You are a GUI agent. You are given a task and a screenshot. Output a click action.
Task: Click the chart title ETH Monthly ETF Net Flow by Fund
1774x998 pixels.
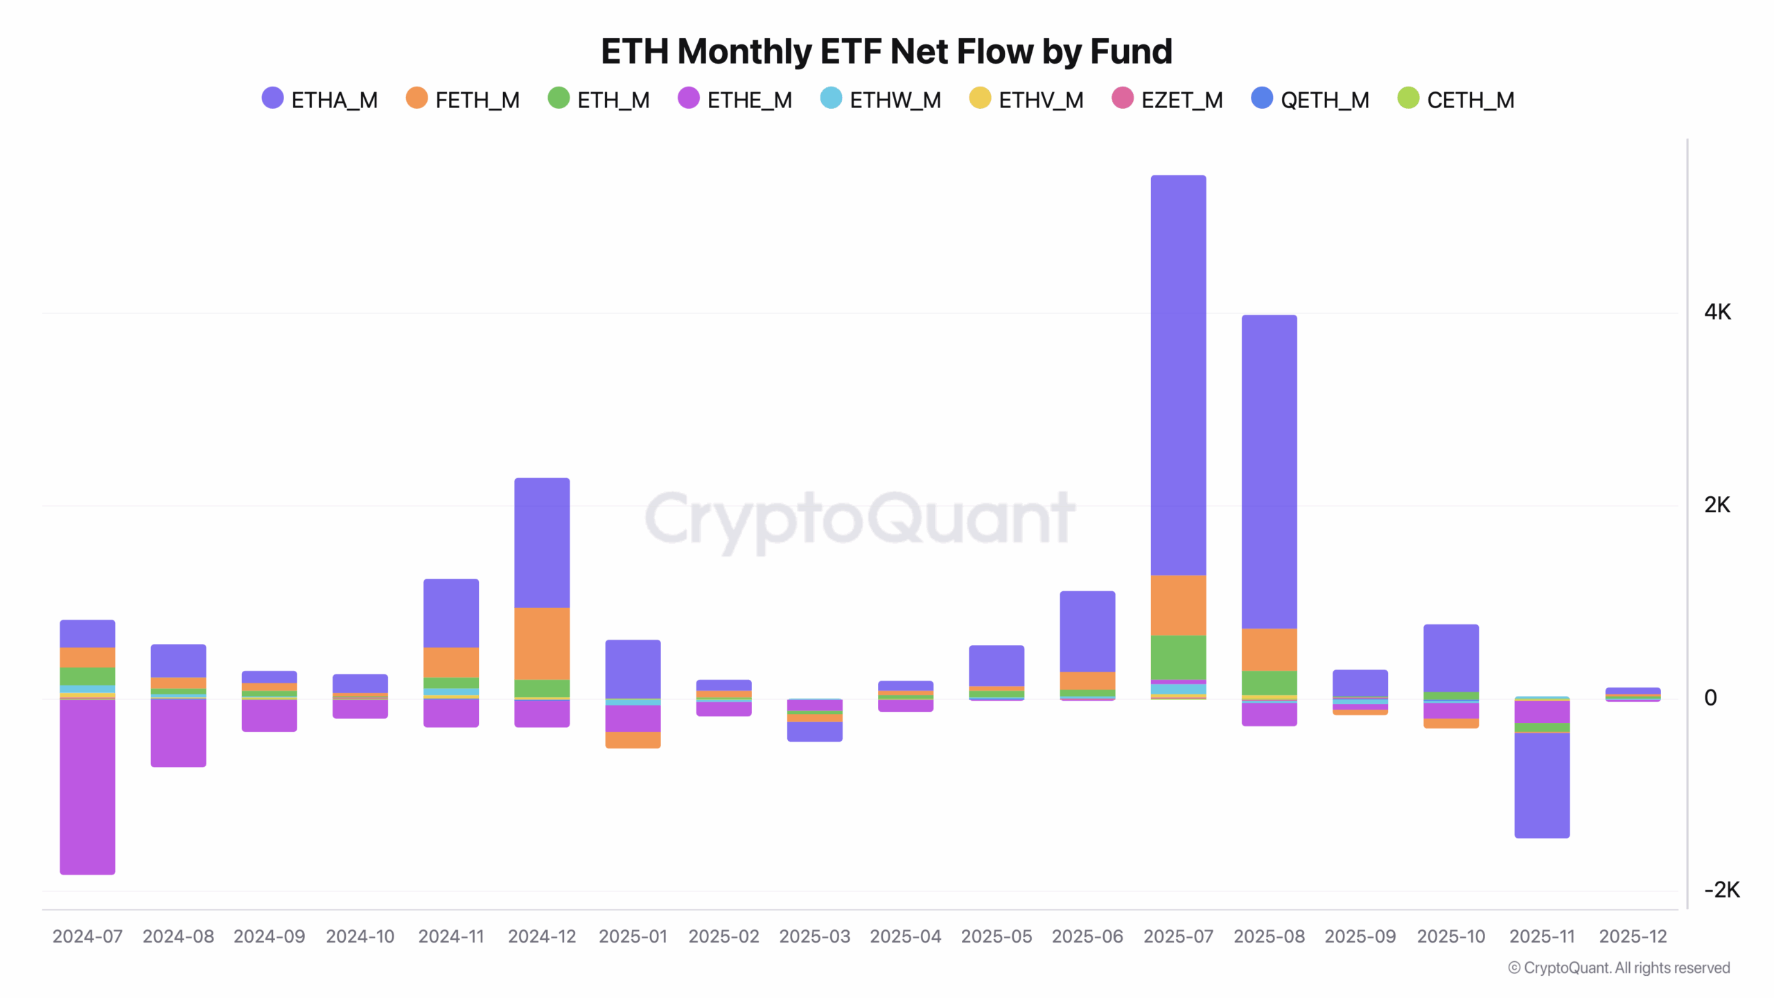pos(886,52)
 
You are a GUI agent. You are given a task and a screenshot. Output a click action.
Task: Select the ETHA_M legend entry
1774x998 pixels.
pos(320,100)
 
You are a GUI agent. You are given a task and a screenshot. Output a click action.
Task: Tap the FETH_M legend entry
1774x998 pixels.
pos(463,100)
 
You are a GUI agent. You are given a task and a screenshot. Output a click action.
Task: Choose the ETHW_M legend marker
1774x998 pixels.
pos(831,98)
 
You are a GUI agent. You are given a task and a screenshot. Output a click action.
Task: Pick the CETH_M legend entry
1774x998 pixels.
pos(1456,100)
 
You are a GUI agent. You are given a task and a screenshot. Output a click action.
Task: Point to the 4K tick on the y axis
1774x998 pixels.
pos(1717,313)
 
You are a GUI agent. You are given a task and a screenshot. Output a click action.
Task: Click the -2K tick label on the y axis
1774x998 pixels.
pos(1721,890)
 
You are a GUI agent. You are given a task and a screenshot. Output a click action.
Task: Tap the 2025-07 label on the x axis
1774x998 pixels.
pos(1178,936)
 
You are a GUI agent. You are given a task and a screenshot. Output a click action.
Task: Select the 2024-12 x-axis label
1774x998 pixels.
pos(542,936)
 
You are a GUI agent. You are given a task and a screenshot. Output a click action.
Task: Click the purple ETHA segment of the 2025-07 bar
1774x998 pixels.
pos(1178,374)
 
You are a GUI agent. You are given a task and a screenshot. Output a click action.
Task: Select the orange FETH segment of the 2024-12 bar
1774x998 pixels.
pos(542,643)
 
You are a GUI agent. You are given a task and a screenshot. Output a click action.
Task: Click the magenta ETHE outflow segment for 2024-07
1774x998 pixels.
pos(87,787)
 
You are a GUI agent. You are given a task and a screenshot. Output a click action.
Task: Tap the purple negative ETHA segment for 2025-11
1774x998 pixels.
pos(1542,785)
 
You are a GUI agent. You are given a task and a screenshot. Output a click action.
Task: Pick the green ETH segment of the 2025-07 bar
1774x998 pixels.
pos(1178,657)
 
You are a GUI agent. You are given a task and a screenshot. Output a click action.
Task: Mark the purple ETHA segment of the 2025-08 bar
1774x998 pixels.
pos(1269,471)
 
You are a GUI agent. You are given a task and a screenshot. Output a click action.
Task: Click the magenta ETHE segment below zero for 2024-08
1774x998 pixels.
pos(178,733)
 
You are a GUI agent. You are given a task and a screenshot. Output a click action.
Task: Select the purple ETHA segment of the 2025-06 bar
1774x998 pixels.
pos(1087,631)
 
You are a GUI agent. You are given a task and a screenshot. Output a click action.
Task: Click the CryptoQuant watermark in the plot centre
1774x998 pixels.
pos(859,518)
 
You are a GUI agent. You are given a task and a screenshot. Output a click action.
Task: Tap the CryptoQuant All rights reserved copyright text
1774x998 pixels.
pos(1619,968)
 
